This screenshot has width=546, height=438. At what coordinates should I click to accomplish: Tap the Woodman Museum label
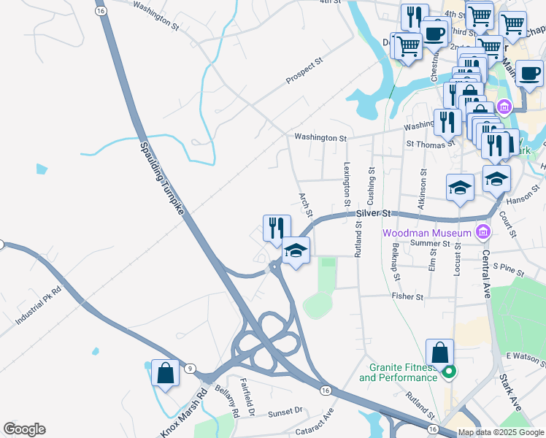click(x=427, y=233)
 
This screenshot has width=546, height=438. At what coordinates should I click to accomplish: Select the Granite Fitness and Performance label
click(x=398, y=372)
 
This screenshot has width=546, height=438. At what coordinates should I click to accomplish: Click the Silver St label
click(x=374, y=213)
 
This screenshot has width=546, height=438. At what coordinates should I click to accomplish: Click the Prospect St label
click(x=304, y=72)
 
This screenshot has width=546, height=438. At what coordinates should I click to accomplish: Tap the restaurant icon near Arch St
click(x=277, y=228)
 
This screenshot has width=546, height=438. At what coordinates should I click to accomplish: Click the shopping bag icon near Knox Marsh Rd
click(x=165, y=373)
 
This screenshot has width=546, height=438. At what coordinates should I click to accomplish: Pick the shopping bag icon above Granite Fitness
click(x=440, y=353)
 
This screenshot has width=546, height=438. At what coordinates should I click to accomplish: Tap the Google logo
click(x=24, y=429)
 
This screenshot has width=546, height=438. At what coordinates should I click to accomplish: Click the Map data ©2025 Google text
click(x=501, y=432)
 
